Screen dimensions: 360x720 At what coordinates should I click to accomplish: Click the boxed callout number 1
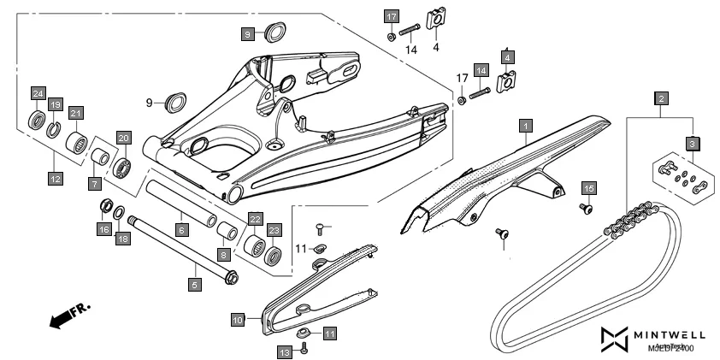(x=525, y=127)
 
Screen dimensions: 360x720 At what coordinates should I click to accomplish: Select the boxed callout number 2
(x=661, y=98)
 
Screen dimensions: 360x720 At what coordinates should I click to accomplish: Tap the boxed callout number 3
(x=693, y=142)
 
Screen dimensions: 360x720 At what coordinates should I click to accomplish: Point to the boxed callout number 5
(x=195, y=286)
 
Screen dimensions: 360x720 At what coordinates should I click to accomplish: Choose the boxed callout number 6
(x=181, y=230)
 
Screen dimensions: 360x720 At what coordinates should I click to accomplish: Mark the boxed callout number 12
(x=56, y=179)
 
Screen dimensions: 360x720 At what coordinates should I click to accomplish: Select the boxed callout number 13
(x=285, y=351)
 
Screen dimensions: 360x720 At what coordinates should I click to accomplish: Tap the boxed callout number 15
(x=588, y=187)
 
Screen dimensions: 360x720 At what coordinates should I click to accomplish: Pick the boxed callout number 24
(x=38, y=92)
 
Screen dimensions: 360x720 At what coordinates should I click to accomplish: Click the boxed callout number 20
(x=123, y=138)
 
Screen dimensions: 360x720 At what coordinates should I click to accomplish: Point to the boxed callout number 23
(x=274, y=230)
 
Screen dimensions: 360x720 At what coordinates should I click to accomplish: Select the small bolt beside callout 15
(x=587, y=207)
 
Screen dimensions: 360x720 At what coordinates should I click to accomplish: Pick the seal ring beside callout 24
(x=38, y=118)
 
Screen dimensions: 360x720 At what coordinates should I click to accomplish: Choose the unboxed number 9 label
(x=149, y=103)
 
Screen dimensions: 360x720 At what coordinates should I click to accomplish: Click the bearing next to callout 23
(x=274, y=255)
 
